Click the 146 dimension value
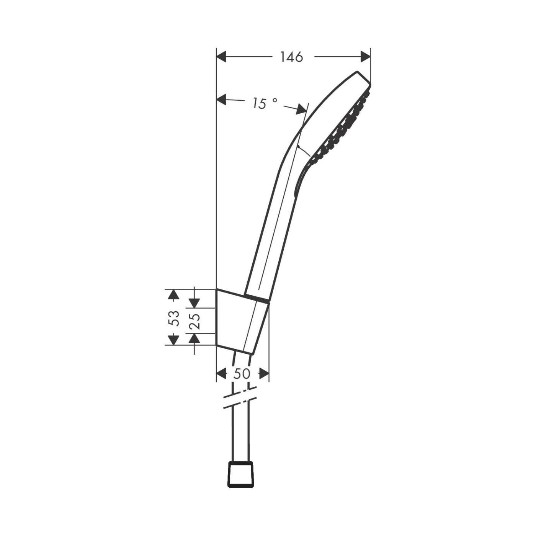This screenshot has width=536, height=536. click(291, 57)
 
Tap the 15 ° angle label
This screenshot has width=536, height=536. click(264, 103)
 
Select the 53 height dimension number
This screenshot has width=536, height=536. click(174, 318)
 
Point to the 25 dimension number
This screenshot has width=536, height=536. click(195, 321)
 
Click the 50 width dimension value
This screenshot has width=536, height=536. click(242, 374)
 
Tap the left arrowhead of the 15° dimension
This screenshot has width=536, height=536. click(222, 100)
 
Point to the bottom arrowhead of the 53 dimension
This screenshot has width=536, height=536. click(174, 340)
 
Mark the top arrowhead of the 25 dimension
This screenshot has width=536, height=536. click(194, 302)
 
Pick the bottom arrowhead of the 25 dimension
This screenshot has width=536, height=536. click(194, 338)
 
